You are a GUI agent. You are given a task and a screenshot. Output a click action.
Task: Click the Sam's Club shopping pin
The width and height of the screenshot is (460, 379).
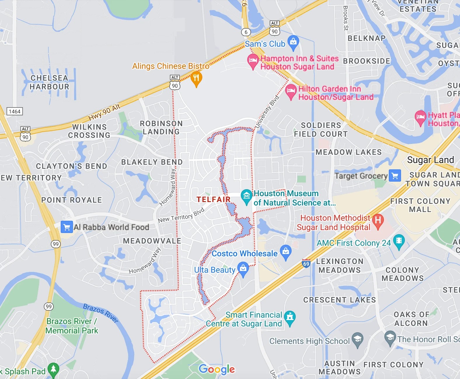(293, 42)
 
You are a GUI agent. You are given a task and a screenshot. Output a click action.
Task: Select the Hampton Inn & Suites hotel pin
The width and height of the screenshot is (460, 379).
(253, 61)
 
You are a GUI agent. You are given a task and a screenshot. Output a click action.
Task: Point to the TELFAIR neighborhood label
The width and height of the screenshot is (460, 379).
(213, 199)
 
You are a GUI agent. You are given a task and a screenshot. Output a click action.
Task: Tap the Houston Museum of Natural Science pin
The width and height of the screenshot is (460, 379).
(246, 196)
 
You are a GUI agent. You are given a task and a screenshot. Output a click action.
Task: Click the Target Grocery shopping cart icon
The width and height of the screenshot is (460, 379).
(395, 176)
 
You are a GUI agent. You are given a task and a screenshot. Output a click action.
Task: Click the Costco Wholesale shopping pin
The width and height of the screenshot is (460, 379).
(285, 251)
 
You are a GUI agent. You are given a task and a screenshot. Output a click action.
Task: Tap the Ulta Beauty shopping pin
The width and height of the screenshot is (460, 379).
(243, 268)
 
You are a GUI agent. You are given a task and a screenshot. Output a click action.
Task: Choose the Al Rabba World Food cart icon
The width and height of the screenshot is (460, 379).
(67, 227)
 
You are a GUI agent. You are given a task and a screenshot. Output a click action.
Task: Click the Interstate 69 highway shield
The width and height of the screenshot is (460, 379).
(306, 264)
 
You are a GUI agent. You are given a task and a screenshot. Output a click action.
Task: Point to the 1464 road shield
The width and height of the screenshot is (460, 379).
(15, 112)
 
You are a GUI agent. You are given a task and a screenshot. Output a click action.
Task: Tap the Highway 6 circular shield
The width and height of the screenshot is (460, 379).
(246, 32)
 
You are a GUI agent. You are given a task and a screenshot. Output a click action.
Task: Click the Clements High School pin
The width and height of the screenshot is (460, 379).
(357, 339)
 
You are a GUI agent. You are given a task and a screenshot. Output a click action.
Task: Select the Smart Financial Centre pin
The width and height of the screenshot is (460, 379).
(290, 317)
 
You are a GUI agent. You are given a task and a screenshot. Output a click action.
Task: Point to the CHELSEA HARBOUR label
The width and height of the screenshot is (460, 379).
(49, 82)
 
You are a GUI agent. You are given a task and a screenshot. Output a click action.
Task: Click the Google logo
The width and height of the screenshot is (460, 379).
(217, 369)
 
